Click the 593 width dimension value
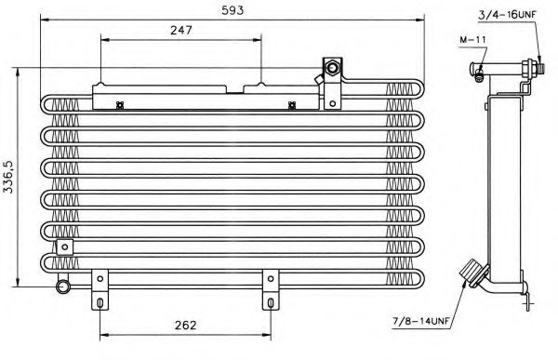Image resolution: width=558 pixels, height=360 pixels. [x=232, y=10]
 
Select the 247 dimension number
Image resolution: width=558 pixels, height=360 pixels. [x=181, y=31]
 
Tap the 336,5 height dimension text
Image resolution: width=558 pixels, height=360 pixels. [x=7, y=177]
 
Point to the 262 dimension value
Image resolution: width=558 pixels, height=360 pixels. [x=186, y=325]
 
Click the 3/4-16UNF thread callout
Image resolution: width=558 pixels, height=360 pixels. [x=507, y=15]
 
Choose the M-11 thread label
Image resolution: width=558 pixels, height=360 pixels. [x=472, y=39]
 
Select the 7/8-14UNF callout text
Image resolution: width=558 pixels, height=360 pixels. [x=421, y=321]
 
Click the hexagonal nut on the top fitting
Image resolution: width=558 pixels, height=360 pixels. [x=332, y=67]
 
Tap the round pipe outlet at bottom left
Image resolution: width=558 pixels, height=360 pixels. [x=63, y=287]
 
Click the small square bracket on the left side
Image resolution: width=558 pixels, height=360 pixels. [x=65, y=247]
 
